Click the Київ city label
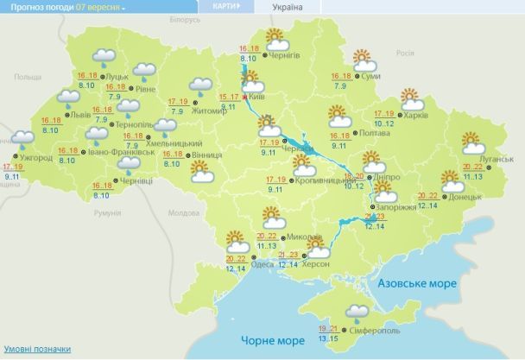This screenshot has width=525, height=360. (256, 98)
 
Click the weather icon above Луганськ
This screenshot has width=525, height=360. (471, 142)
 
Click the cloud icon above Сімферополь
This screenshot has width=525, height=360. (354, 311)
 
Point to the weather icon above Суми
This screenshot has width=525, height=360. (364, 60)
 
